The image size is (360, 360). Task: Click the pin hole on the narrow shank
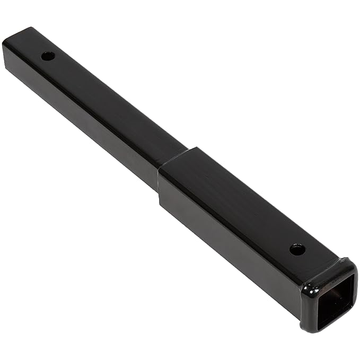(x=48, y=55)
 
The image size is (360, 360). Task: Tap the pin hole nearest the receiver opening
(x=297, y=248)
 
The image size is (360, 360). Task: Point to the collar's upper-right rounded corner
(x=350, y=262)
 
